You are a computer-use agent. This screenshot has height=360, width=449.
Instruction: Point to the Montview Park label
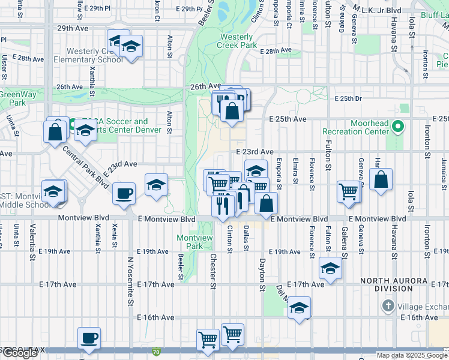pos(194,242)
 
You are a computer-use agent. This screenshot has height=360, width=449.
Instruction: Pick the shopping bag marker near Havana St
pos(381,179)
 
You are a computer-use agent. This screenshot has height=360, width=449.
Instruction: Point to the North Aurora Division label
pos(394,284)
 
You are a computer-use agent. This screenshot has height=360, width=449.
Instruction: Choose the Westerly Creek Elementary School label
pos(88,55)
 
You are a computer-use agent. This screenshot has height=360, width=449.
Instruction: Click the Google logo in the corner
pos(19,353)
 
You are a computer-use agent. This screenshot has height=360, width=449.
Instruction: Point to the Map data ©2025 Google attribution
pos(412,355)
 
